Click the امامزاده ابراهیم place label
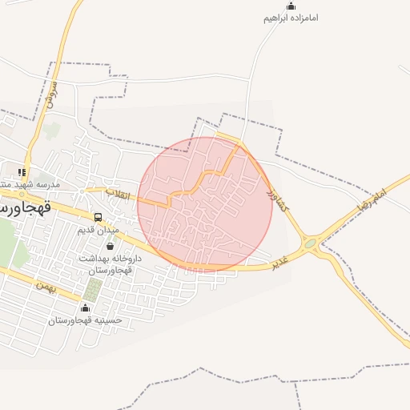tap(291, 17)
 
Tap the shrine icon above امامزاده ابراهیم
tap(291, 6)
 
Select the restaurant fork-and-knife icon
tap(22, 171)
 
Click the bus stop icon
tap(98, 217)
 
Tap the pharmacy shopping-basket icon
tap(110, 247)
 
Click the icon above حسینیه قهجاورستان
tap(86, 307)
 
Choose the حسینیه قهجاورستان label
tap(85, 320)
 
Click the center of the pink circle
tap(205, 204)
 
